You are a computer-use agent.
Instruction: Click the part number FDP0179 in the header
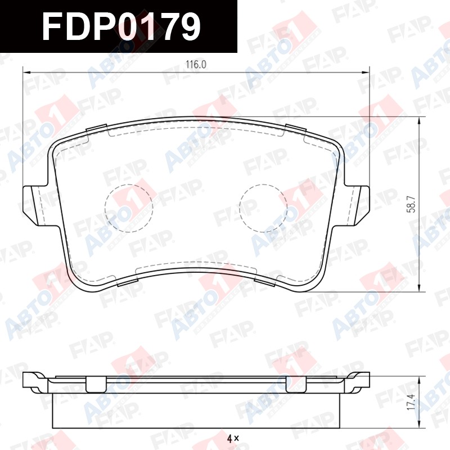(x=121, y=26)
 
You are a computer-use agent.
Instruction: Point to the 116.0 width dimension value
(x=196, y=65)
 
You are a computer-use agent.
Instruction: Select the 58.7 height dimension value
(x=412, y=204)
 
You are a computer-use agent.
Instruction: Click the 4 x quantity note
(x=233, y=438)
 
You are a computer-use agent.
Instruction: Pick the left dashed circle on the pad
(x=129, y=208)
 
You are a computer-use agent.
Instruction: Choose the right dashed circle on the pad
(x=263, y=208)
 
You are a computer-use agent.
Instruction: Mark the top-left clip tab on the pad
(x=97, y=129)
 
